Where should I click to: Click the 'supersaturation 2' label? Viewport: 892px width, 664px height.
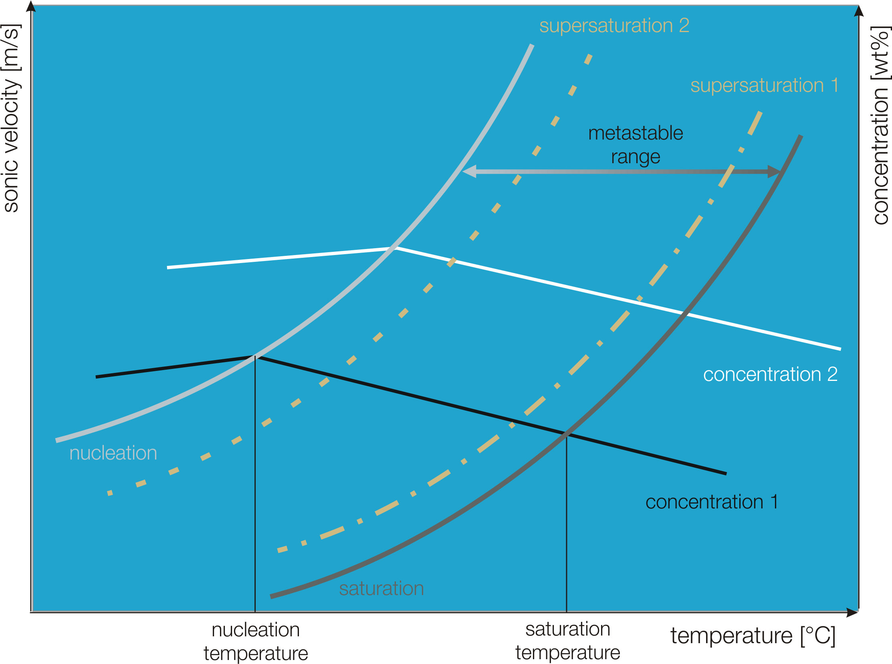pos(614,26)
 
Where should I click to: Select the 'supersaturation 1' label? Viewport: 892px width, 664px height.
pos(764,86)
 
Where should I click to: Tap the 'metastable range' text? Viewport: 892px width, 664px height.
pos(636,145)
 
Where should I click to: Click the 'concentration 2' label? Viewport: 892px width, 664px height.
pos(770,375)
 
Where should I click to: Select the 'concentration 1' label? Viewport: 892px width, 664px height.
pos(712,502)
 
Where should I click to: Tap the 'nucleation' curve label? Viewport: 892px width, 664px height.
pos(113,453)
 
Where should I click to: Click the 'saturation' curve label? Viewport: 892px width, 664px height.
pos(381,589)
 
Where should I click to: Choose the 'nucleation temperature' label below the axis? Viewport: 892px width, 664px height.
pos(255,642)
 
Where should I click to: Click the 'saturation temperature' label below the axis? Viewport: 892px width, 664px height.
pos(567,641)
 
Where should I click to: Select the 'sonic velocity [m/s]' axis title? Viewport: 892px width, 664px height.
pos(11,119)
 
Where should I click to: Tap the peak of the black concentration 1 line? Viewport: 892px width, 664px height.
pos(255,356)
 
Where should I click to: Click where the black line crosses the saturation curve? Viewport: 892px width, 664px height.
pos(567,434)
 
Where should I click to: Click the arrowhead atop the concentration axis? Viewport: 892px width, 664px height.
pos(859,11)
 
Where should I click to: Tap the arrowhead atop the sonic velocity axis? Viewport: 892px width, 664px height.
pos(31,7)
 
